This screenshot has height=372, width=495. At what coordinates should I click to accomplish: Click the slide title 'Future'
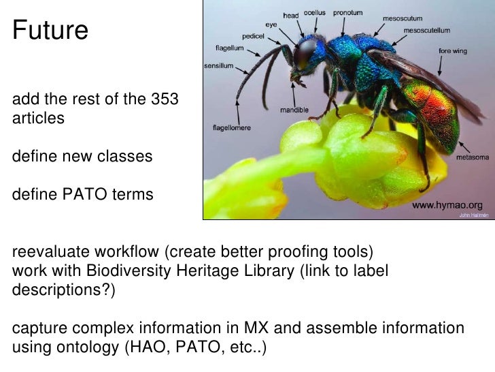tap(50, 31)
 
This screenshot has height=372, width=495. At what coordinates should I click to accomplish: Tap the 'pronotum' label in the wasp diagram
tap(347, 13)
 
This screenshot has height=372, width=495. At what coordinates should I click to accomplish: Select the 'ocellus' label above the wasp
tap(314, 13)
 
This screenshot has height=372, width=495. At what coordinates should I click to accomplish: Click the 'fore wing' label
tap(454, 51)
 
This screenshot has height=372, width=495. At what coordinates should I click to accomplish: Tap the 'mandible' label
tap(295, 109)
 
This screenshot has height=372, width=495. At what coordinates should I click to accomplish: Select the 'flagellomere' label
tap(233, 127)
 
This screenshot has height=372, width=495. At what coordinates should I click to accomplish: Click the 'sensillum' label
tap(219, 66)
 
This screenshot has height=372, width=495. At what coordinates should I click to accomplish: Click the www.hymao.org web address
tap(448, 204)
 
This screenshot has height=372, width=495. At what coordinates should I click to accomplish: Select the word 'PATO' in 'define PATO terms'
tap(86, 195)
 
